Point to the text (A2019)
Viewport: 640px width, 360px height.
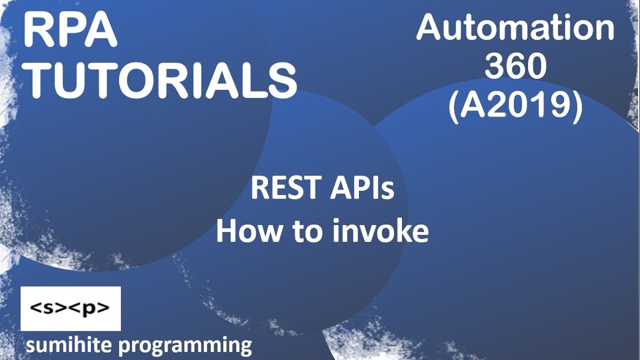(515, 106)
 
